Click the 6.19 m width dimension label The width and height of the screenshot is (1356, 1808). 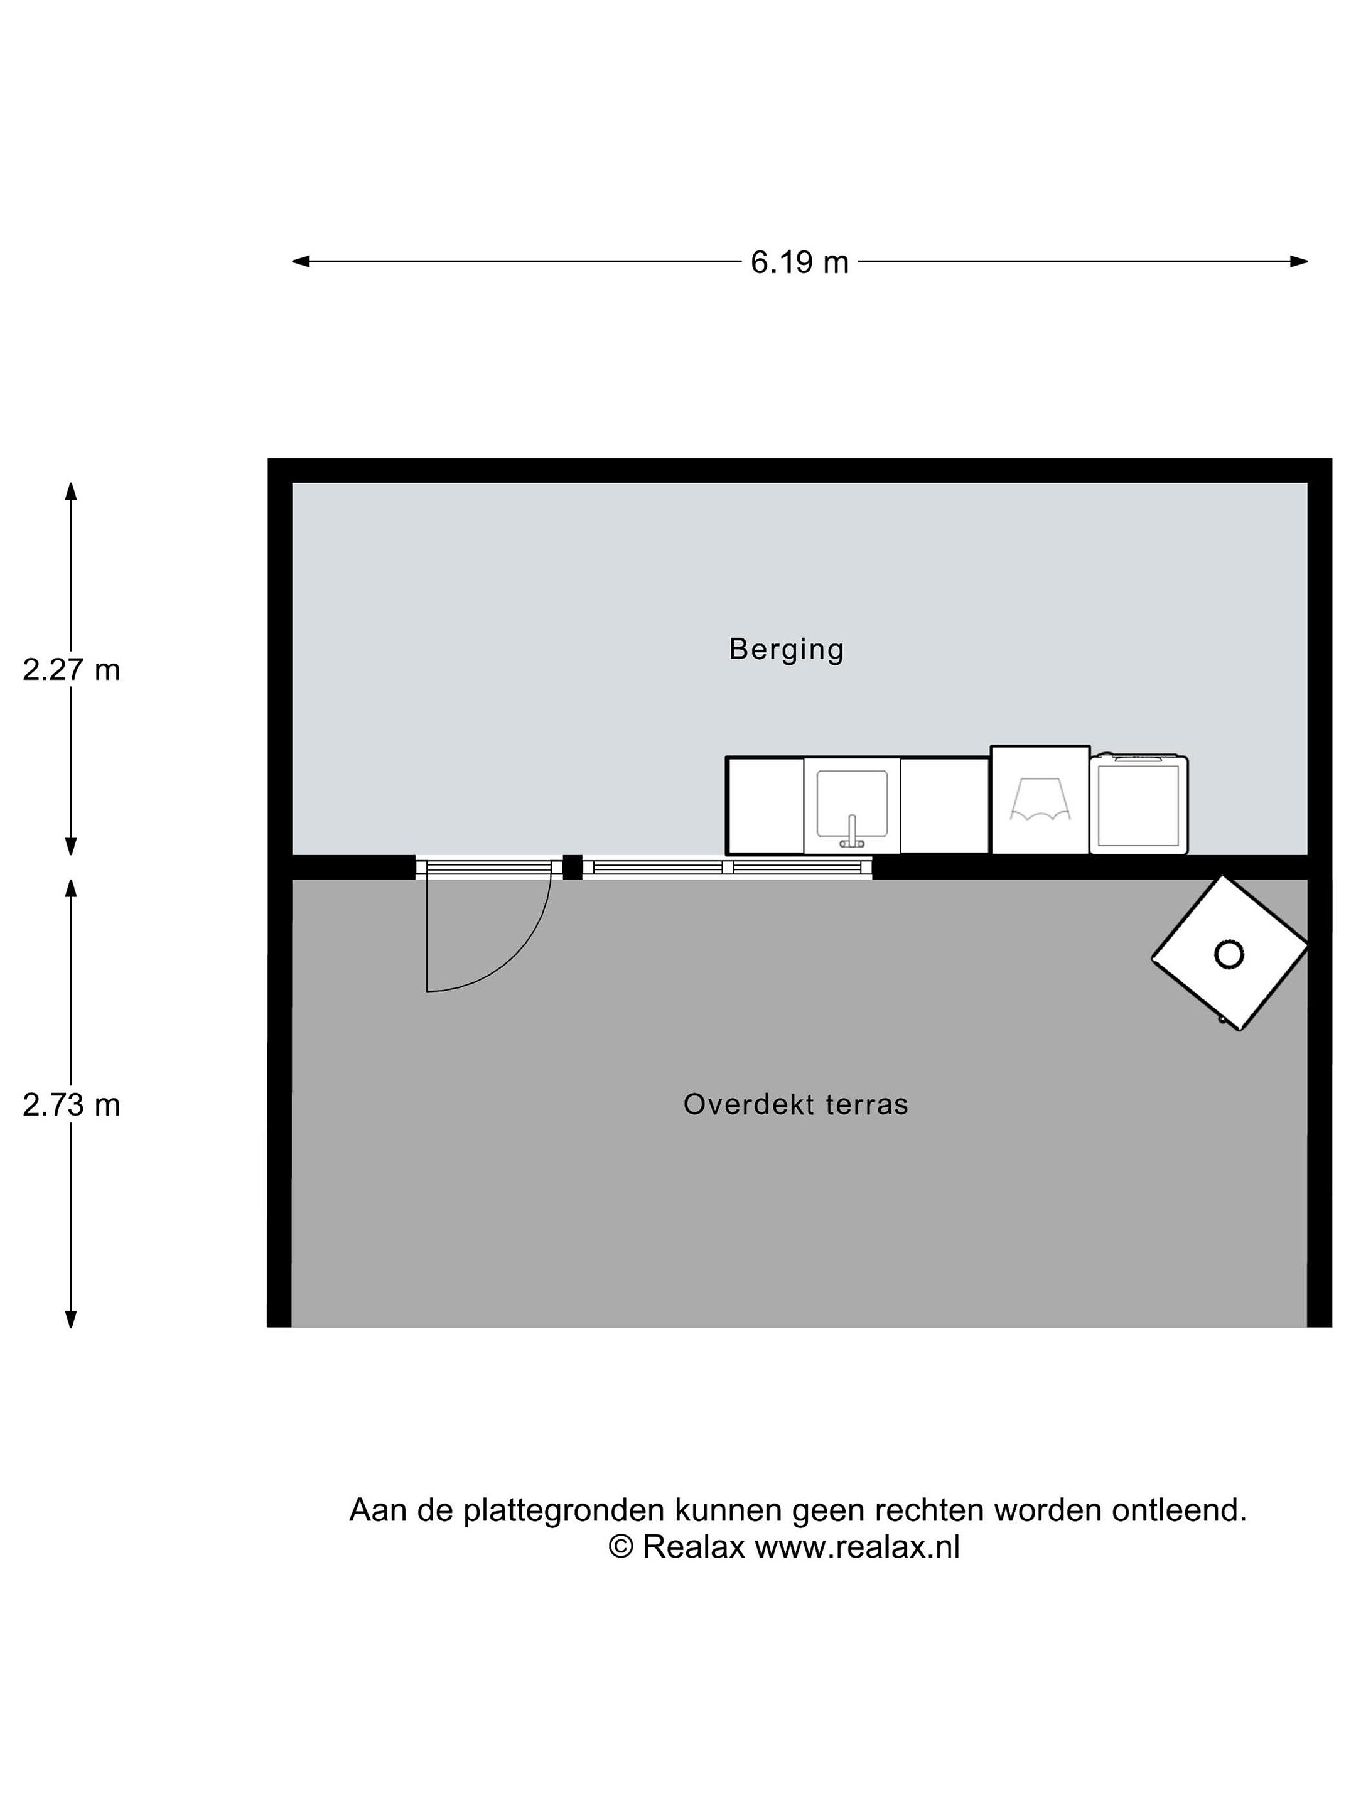799,262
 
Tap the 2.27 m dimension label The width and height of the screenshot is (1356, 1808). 71,670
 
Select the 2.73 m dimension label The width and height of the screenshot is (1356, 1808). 71,1105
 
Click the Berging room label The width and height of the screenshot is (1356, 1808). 785,650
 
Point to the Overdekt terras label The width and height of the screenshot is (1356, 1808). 795,1104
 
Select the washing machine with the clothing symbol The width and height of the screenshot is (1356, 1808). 1040,799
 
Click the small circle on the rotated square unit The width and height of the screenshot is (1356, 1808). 1229,954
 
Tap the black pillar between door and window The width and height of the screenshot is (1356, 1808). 572,866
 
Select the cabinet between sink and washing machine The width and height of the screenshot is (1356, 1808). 945,805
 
